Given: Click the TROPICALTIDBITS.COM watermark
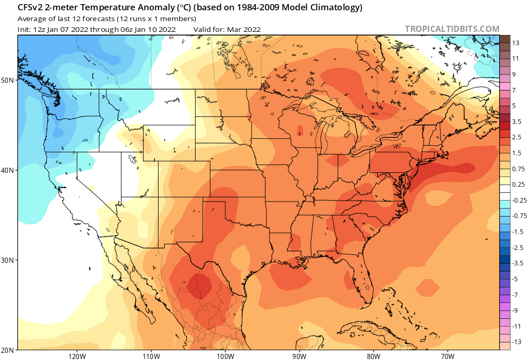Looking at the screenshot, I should tap(452, 29).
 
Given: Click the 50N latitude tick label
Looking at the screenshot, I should tap(8, 80).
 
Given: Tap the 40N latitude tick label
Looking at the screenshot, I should tap(8, 170).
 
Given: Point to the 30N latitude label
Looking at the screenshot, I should tap(8, 260).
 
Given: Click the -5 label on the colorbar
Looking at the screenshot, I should tap(515, 279).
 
